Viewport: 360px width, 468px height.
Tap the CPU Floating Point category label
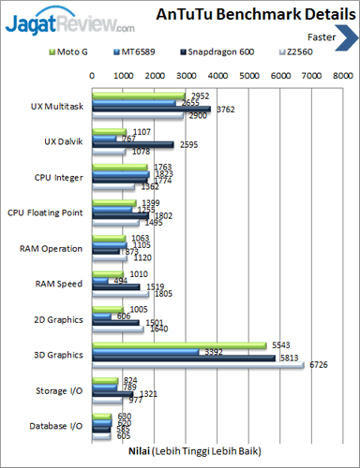[46, 212]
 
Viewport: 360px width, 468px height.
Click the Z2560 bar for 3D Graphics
[197, 365]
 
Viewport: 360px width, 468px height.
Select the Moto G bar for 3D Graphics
[178, 345]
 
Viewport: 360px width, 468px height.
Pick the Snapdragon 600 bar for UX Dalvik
[131, 145]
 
